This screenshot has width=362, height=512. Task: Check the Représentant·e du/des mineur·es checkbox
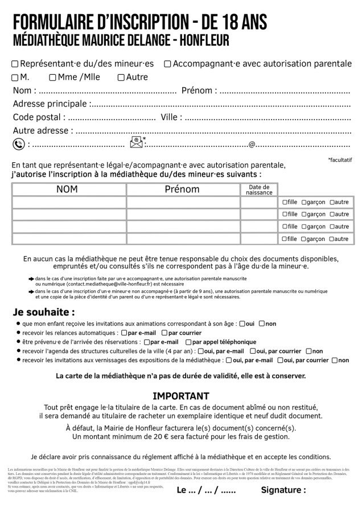[15, 64]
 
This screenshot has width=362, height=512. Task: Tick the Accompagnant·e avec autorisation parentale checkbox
[167, 64]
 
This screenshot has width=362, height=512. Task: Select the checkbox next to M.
[15, 77]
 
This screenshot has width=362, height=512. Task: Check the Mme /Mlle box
[53, 77]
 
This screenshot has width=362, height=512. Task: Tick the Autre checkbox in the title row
[121, 77]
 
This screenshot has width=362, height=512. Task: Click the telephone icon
[18, 144]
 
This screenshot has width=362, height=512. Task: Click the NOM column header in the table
[68, 189]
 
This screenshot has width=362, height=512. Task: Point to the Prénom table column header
[182, 189]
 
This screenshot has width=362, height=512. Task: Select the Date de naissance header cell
[259, 190]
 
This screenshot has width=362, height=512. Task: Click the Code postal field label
[39, 117]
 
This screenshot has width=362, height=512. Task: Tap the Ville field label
[172, 117]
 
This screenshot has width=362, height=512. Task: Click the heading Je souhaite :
[44, 312]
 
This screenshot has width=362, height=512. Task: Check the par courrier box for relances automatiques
[164, 333]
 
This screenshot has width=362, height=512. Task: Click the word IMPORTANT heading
[181, 396]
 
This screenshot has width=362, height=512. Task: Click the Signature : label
[283, 490]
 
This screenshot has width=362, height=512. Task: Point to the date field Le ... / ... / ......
[206, 490]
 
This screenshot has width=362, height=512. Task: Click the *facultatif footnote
[340, 160]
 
